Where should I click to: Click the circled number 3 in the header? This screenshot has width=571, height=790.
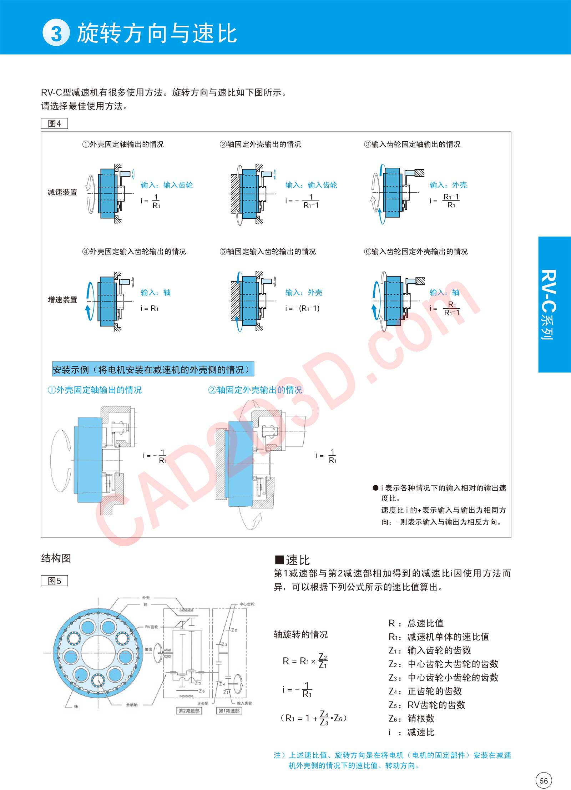click(x=56, y=33)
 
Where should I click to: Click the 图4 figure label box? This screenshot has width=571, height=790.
click(x=54, y=123)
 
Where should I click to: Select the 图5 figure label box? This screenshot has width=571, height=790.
click(x=54, y=581)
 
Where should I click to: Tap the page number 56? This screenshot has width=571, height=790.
click(x=544, y=781)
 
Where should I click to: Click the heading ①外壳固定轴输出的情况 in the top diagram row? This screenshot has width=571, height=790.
click(x=123, y=144)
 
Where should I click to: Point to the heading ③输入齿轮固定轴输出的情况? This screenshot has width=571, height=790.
click(x=412, y=144)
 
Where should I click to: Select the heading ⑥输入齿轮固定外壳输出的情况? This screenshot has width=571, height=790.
click(x=415, y=252)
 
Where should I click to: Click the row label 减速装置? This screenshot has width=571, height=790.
click(x=62, y=192)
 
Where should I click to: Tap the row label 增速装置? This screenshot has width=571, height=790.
click(x=62, y=300)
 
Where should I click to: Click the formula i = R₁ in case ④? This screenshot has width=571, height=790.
click(x=150, y=308)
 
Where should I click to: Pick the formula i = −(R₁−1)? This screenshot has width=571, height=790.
click(x=302, y=308)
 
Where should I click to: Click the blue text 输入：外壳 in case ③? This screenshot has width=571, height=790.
click(x=448, y=185)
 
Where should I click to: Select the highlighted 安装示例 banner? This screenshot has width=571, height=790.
click(x=153, y=369)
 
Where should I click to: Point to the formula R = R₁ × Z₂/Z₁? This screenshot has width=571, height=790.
click(x=305, y=661)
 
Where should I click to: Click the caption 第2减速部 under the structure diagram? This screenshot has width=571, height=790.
click(x=189, y=710)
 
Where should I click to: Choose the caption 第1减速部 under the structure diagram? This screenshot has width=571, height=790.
click(x=229, y=710)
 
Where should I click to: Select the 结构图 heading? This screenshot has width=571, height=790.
click(x=56, y=558)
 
